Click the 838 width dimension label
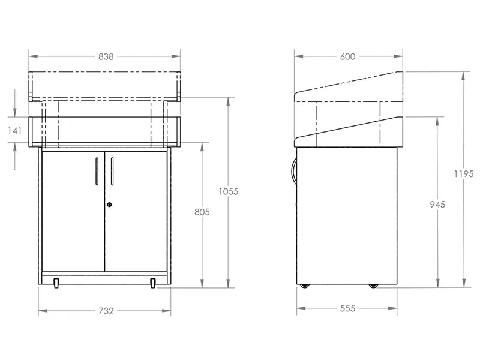point(106,56)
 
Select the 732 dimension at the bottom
point(106,311)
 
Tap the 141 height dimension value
point(14,130)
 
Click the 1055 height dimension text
point(229,191)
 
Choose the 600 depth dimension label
point(347,56)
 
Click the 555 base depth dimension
point(347,308)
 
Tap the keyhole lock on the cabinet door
point(109,205)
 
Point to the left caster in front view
point(56,283)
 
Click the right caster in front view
point(154,283)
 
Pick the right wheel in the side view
point(374,285)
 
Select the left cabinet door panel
point(73,210)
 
